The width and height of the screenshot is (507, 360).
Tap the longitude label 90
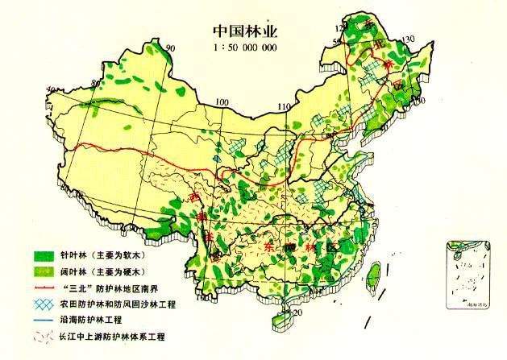tap(170, 50)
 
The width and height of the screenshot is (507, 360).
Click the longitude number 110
tap(282, 106)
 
